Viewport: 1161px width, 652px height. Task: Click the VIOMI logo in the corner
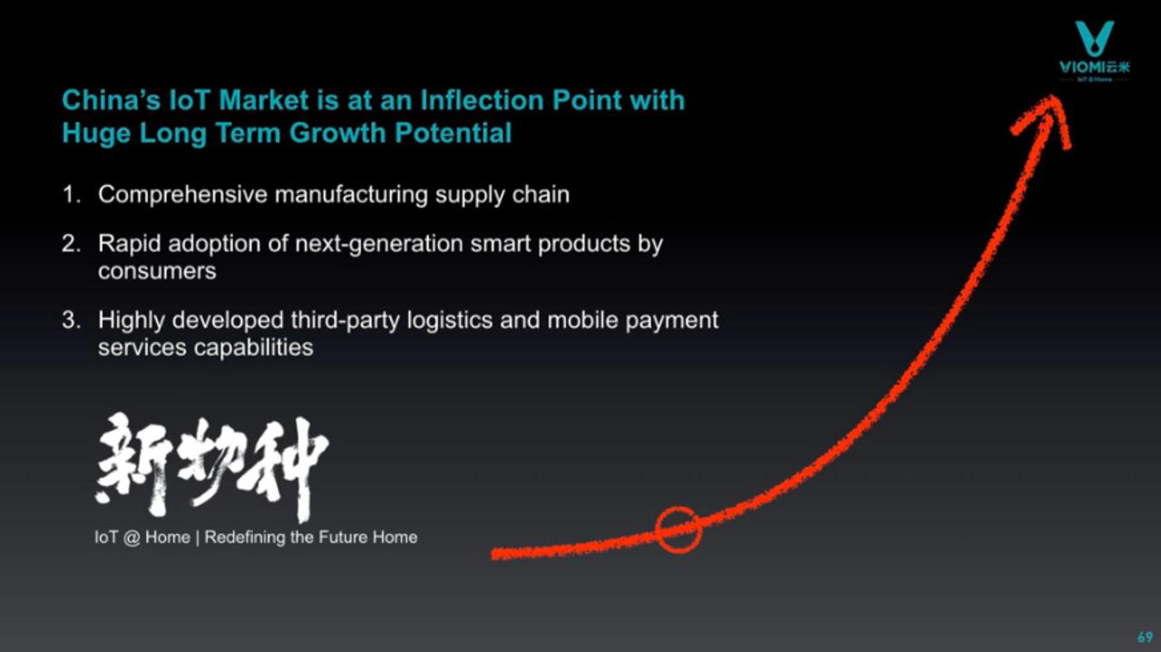[x=1094, y=51]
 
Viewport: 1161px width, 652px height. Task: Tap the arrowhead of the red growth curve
[x=1043, y=121]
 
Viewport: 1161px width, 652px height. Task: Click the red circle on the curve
[x=678, y=530]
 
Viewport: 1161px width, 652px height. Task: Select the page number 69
[x=1145, y=637]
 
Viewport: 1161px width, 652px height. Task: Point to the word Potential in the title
[x=453, y=132]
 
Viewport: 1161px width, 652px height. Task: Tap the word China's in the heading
[x=112, y=100]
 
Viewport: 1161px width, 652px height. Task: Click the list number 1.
[x=72, y=195]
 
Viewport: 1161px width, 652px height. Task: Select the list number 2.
[x=72, y=244]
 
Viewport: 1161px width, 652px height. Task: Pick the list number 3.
[x=72, y=320]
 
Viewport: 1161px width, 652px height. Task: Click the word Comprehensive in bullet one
[x=183, y=195]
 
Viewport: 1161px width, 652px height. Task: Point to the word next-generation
[x=379, y=245]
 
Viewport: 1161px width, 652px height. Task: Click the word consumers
[x=157, y=271]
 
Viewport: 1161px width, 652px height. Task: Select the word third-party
[x=346, y=321]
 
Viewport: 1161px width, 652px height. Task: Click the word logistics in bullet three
[x=450, y=321]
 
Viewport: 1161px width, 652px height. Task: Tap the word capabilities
[x=253, y=348]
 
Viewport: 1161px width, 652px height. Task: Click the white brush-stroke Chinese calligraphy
[x=211, y=466]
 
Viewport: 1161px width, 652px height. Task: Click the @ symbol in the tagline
[x=132, y=538]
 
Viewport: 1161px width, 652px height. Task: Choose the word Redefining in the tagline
[x=245, y=538]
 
